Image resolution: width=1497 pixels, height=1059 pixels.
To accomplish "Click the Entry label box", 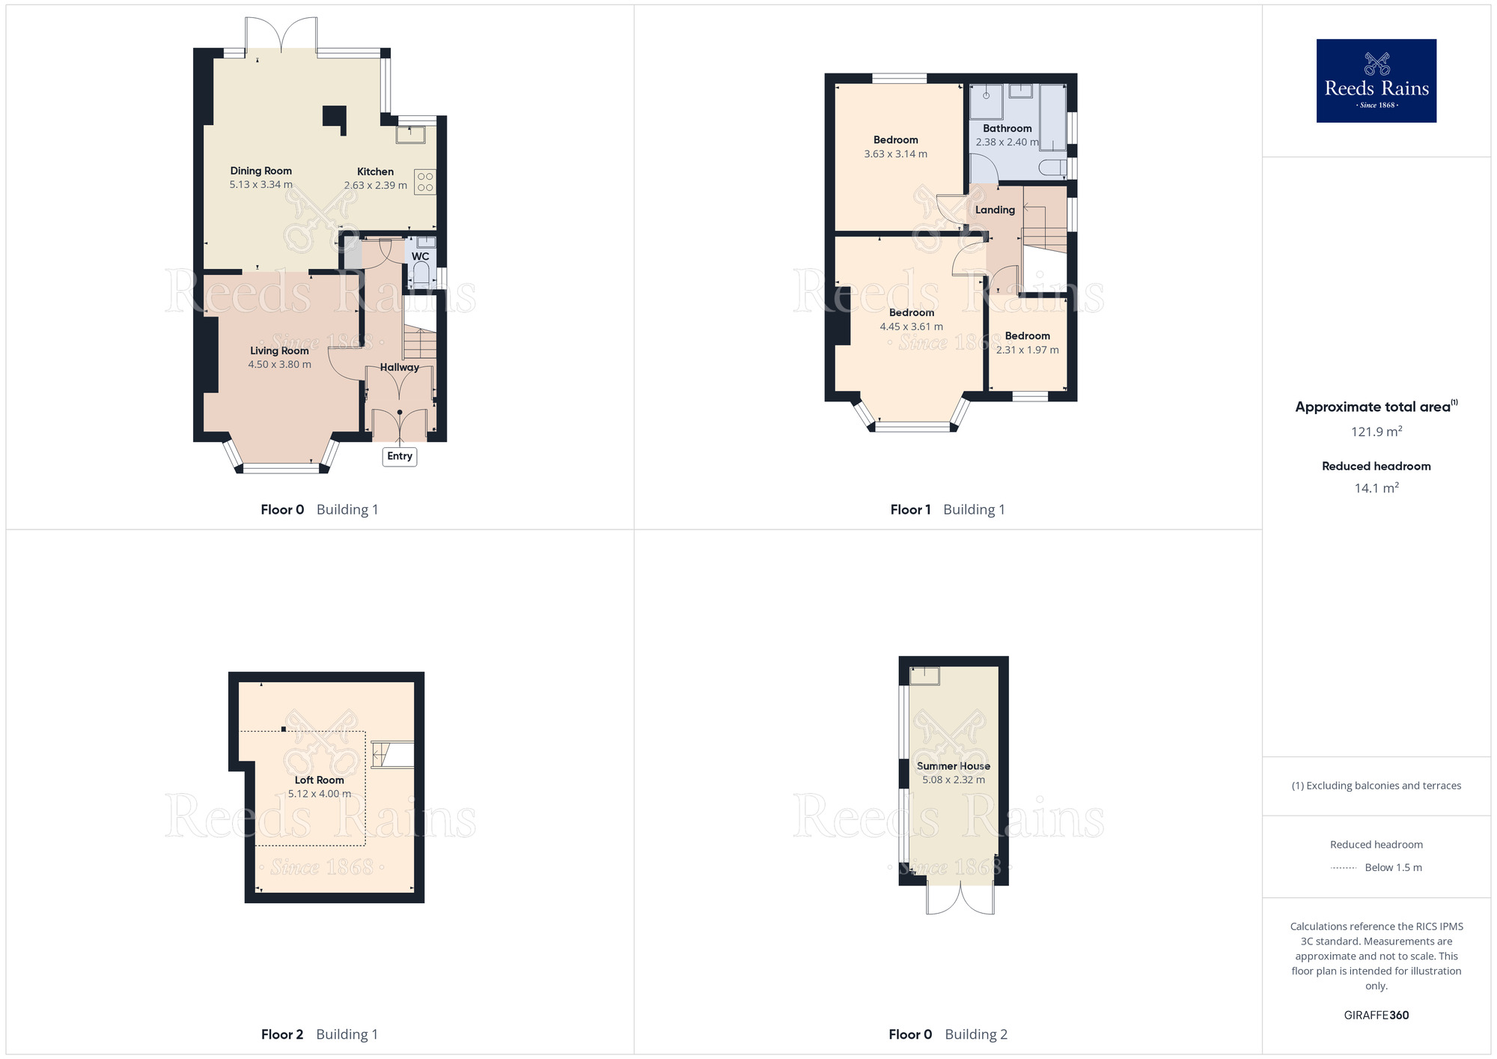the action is tap(400, 456).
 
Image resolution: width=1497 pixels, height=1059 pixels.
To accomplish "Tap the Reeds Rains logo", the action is tap(1376, 81).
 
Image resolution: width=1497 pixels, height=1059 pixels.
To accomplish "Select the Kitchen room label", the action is tap(375, 172).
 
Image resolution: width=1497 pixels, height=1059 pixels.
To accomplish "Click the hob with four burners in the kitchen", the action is tap(425, 182).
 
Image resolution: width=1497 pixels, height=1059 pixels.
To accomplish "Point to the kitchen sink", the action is tap(410, 134).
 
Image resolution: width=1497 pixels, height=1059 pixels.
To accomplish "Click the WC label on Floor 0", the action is tap(421, 256).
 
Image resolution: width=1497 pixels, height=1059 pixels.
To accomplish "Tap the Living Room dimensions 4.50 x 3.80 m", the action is tap(280, 365).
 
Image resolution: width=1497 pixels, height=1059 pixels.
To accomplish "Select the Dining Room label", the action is tap(261, 171).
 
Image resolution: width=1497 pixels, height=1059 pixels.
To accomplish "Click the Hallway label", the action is tap(400, 367).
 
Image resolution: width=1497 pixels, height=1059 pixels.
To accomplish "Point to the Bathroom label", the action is tap(1007, 128).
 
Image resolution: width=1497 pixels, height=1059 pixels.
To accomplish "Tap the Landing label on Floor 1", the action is tap(995, 210).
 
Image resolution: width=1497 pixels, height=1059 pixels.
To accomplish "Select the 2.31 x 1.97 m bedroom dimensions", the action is tap(1028, 350).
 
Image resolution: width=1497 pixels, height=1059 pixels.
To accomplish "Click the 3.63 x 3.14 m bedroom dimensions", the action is tap(896, 154).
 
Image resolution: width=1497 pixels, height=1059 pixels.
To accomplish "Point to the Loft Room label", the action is tap(320, 780).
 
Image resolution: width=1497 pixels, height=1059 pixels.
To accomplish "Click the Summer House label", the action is tap(954, 766).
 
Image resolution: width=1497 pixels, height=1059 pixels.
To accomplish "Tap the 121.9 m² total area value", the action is tap(1376, 431).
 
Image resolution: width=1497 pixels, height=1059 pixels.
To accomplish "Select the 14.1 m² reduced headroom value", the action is tap(1376, 488).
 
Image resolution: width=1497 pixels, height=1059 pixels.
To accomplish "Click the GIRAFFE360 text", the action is tap(1376, 1016).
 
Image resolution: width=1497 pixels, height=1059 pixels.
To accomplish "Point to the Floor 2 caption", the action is tap(282, 1034).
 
